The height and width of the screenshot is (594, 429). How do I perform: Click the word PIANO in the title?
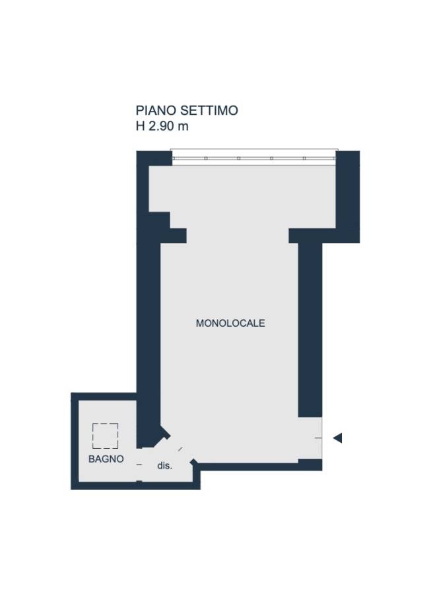(x=156, y=111)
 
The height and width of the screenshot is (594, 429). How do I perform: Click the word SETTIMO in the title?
(x=209, y=111)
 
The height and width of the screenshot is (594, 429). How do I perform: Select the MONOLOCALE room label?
(x=230, y=323)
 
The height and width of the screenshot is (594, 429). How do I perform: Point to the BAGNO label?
(x=106, y=459)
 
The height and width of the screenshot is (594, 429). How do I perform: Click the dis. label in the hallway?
(x=165, y=466)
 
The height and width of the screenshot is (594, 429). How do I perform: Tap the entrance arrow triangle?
(x=337, y=438)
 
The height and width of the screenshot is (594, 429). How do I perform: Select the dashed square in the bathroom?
(x=106, y=436)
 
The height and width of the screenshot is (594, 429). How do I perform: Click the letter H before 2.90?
(x=140, y=126)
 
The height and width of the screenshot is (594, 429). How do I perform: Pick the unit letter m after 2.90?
(x=183, y=127)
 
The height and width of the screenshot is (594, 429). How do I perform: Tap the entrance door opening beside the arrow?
(x=318, y=438)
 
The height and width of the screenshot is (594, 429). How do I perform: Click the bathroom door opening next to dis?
(x=139, y=465)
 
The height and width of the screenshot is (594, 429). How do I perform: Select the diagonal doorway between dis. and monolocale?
(x=180, y=449)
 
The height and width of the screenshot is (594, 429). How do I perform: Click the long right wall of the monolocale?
(x=310, y=329)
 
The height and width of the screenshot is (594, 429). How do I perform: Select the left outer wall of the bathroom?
(x=75, y=441)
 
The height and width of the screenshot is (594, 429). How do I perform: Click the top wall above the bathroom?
(x=104, y=397)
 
